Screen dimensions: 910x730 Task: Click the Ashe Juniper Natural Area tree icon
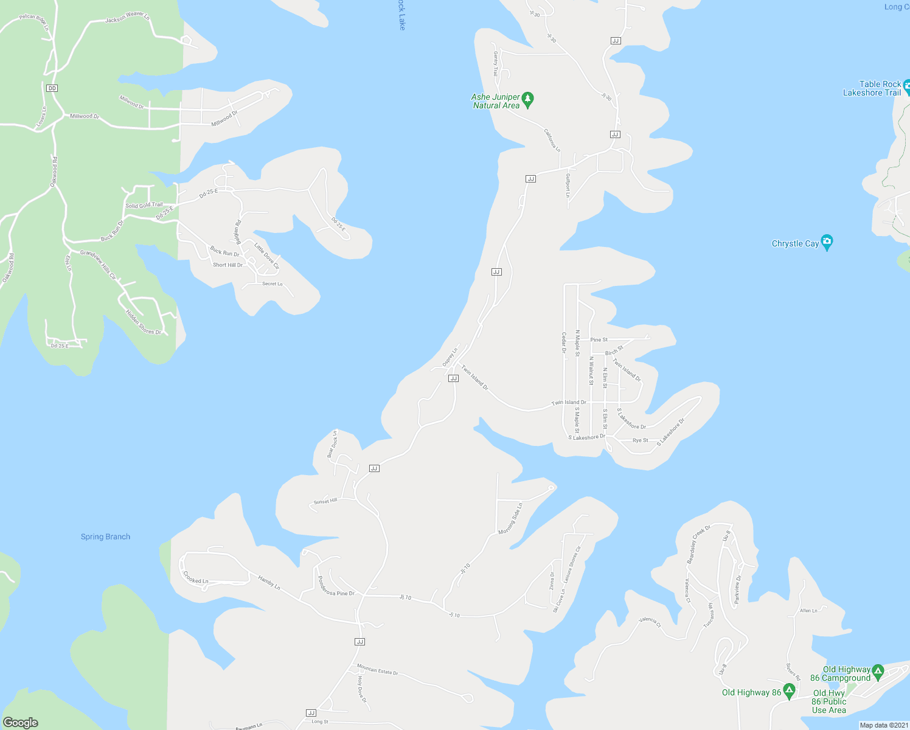point(528,99)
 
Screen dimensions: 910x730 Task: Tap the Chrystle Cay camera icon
point(827,243)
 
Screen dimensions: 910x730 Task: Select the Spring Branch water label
point(105,537)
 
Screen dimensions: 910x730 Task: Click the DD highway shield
point(52,88)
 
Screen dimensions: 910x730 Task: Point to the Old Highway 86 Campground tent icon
point(878,672)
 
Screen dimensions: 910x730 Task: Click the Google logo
point(21,723)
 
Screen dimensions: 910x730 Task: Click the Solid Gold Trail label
point(144,206)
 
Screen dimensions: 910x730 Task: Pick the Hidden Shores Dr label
point(144,322)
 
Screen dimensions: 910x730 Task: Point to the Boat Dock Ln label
point(332,443)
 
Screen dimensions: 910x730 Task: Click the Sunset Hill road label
point(325,501)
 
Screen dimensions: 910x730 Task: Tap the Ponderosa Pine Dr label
point(336,585)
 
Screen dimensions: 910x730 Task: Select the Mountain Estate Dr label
point(377,670)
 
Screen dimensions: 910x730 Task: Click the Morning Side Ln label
point(510,518)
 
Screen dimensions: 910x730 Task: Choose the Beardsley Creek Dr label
point(698,544)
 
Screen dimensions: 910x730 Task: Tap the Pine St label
point(599,339)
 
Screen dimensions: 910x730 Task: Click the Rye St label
point(640,440)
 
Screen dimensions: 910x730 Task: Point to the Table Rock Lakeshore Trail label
point(872,88)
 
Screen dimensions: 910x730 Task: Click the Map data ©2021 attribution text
point(884,725)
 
